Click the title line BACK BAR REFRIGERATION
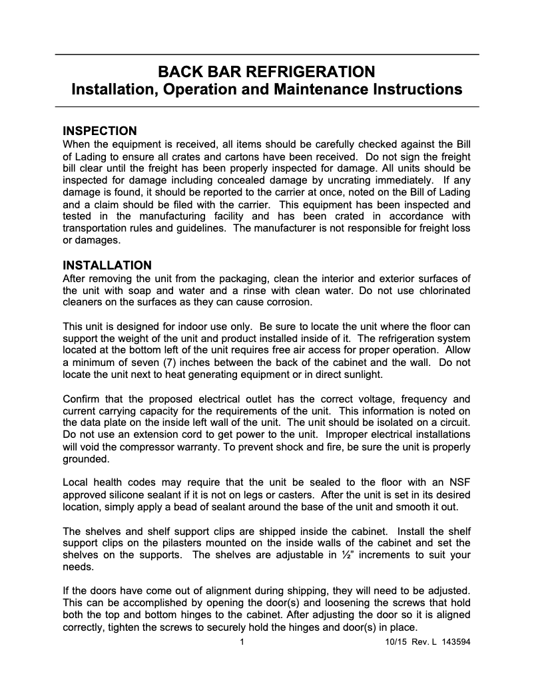(266, 71)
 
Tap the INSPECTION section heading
(99, 130)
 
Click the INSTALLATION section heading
(107, 265)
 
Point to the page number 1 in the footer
(242, 643)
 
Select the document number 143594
(456, 643)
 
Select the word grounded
(85, 459)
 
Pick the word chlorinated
(440, 291)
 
